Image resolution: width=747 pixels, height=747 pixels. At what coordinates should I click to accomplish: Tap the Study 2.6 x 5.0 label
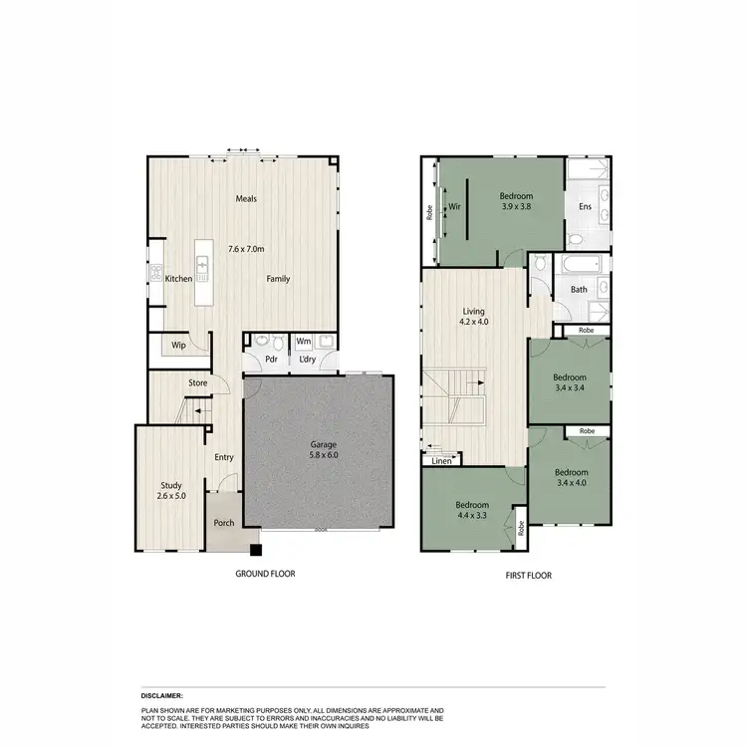pyautogui.click(x=171, y=489)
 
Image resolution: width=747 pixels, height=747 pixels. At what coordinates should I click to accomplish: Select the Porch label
pyautogui.click(x=224, y=523)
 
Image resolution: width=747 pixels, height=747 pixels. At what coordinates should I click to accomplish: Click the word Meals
pyautogui.click(x=246, y=198)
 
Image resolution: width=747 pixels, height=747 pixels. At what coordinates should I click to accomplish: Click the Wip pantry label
pyautogui.click(x=179, y=346)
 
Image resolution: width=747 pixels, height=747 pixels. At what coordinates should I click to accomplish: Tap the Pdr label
pyautogui.click(x=270, y=361)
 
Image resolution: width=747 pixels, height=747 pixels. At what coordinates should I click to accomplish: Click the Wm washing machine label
pyautogui.click(x=304, y=341)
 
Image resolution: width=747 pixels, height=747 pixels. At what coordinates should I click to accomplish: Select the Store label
pyautogui.click(x=198, y=382)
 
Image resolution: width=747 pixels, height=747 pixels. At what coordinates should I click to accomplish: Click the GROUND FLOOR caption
pyautogui.click(x=265, y=574)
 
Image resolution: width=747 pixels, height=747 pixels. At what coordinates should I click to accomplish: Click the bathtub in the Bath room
pyautogui.click(x=579, y=266)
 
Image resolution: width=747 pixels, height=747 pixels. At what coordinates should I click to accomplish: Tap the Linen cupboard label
pyautogui.click(x=442, y=461)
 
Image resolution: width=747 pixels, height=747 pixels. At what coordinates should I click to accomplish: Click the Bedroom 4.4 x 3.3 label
pyautogui.click(x=473, y=510)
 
